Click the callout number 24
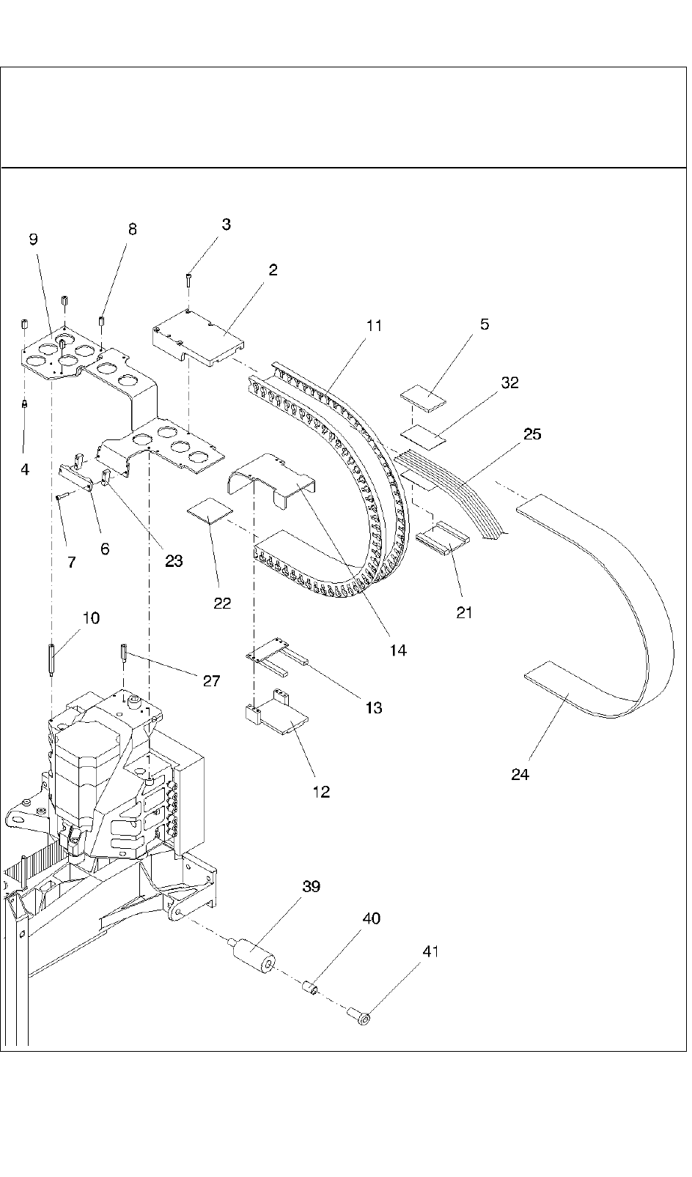pyautogui.click(x=520, y=774)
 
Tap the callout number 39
pyautogui.click(x=312, y=886)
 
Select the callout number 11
pyautogui.click(x=374, y=326)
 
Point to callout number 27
pyautogui.click(x=211, y=681)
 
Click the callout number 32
pyautogui.click(x=510, y=382)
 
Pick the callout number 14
pyautogui.click(x=398, y=650)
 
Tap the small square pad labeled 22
pyautogui.click(x=210, y=511)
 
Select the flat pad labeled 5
pyautogui.click(x=423, y=398)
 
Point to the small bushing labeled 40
pyautogui.click(x=310, y=989)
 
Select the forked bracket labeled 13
pyautogui.click(x=277, y=655)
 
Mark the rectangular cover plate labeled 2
pyautogui.click(x=199, y=339)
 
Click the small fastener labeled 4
pyautogui.click(x=25, y=403)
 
